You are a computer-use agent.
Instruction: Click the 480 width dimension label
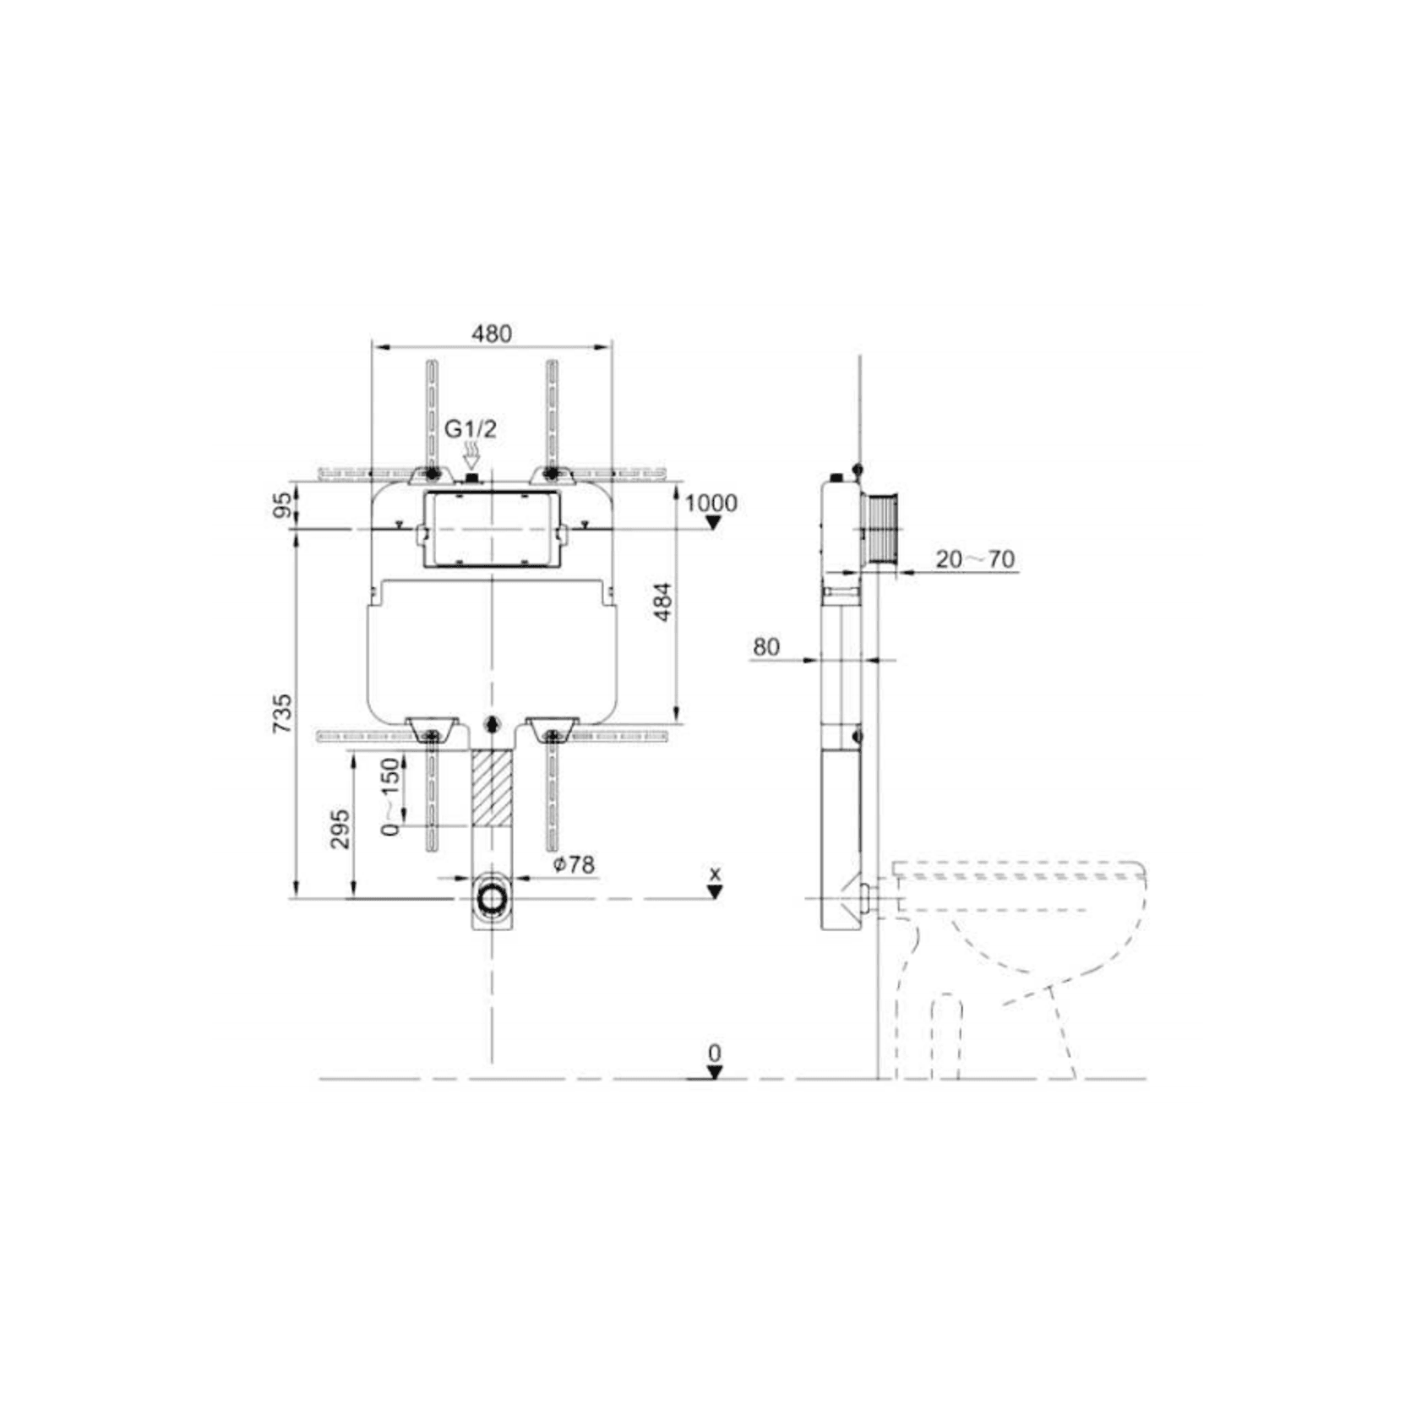point(492,334)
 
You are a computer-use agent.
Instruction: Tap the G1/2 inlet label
point(471,428)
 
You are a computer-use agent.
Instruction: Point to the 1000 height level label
point(711,503)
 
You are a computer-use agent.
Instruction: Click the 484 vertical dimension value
point(663,602)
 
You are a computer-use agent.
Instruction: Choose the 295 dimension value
point(340,829)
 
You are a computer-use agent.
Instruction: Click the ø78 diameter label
point(574,864)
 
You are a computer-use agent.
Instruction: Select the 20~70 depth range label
point(975,558)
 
